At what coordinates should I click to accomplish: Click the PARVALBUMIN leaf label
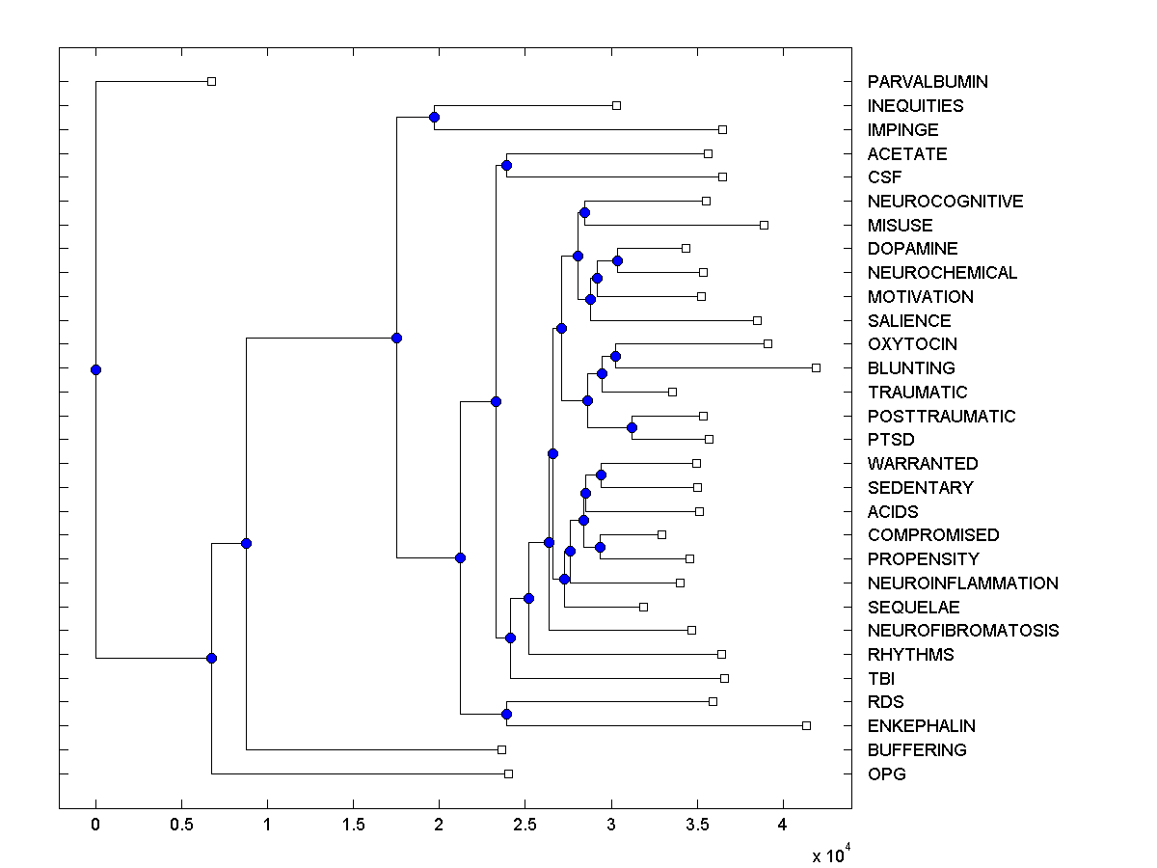click(x=927, y=82)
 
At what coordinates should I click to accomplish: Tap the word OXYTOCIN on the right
click(x=912, y=344)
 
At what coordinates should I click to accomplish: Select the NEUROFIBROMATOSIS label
click(x=962, y=631)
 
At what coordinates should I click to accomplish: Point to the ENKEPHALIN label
click(x=921, y=726)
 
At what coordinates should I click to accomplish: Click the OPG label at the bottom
click(x=886, y=773)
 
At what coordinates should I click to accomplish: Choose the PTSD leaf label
click(x=891, y=440)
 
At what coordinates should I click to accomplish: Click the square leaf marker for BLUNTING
click(x=816, y=367)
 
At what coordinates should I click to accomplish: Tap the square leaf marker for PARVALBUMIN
click(x=212, y=81)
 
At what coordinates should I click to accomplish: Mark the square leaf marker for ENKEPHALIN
click(x=807, y=725)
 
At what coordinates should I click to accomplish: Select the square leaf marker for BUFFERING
click(x=501, y=749)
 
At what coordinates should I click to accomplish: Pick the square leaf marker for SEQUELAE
click(x=643, y=607)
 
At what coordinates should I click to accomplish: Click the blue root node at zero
click(x=95, y=369)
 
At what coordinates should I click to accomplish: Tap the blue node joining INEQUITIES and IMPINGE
click(x=434, y=117)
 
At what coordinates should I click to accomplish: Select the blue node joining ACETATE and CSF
click(x=506, y=166)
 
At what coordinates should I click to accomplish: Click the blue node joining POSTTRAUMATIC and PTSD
click(x=632, y=427)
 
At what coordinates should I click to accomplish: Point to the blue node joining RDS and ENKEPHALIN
click(x=506, y=714)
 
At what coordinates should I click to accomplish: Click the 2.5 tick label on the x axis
click(x=525, y=825)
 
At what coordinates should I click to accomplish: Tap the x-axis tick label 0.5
click(x=180, y=825)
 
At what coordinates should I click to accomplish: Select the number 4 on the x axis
click(x=783, y=825)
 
